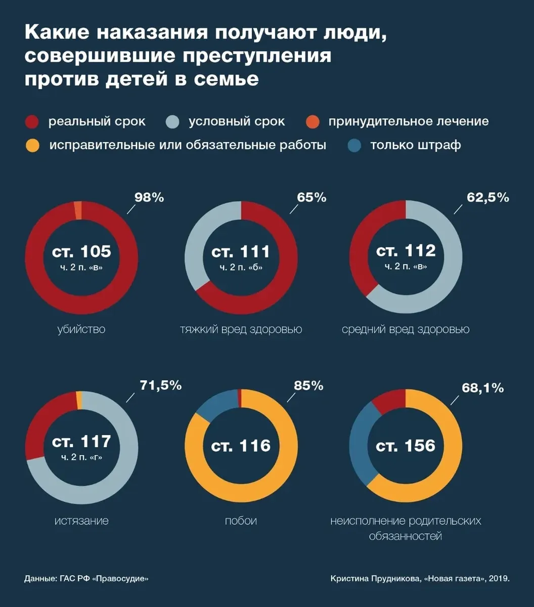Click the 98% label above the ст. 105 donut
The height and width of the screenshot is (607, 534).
[x=149, y=197]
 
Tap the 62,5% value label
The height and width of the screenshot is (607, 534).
[x=487, y=197]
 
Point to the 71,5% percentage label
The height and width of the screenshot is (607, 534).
[x=160, y=385]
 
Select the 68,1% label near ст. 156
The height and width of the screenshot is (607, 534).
[x=482, y=388]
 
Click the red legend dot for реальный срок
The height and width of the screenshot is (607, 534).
[x=32, y=122]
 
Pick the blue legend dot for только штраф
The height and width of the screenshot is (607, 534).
[x=355, y=146]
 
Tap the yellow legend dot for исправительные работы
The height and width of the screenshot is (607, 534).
[x=32, y=146]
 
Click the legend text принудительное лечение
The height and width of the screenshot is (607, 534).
[x=408, y=122]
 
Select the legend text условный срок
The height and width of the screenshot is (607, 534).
[x=237, y=122]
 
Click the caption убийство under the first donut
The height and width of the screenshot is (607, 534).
[x=81, y=330]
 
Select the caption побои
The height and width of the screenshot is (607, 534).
[x=241, y=521]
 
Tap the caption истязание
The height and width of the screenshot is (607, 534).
[x=81, y=521]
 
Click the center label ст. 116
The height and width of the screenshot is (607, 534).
[x=241, y=446]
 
